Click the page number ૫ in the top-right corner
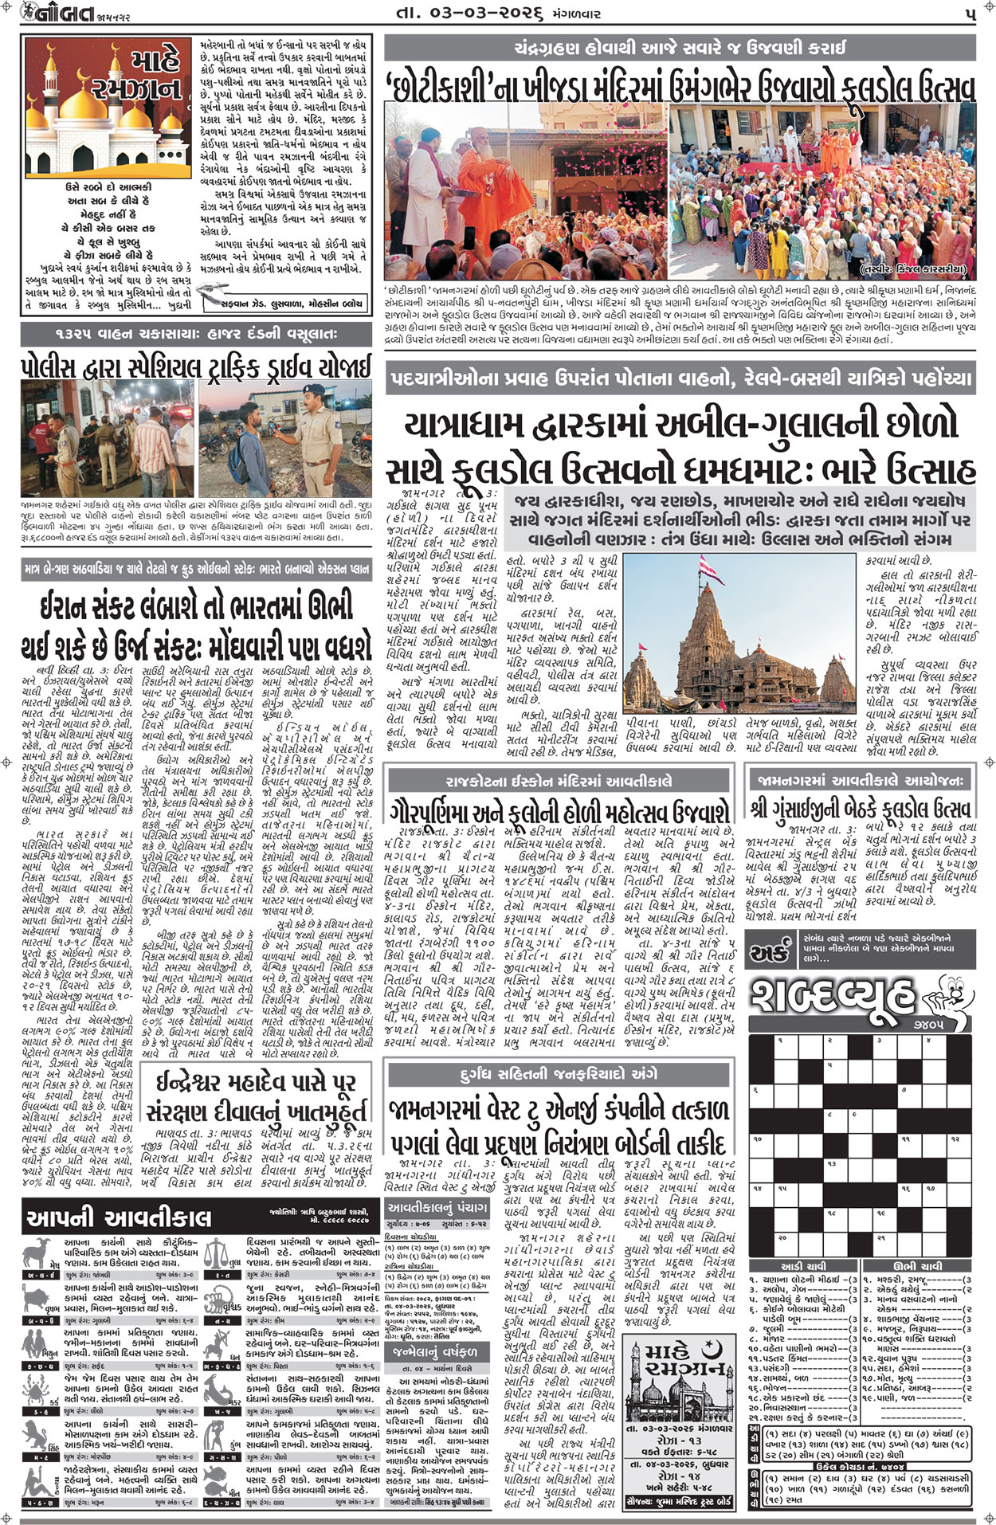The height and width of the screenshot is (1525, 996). click(x=969, y=14)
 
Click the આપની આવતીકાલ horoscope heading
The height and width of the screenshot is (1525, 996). click(x=120, y=1217)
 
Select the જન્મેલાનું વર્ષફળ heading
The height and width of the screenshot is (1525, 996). click(x=435, y=1353)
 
